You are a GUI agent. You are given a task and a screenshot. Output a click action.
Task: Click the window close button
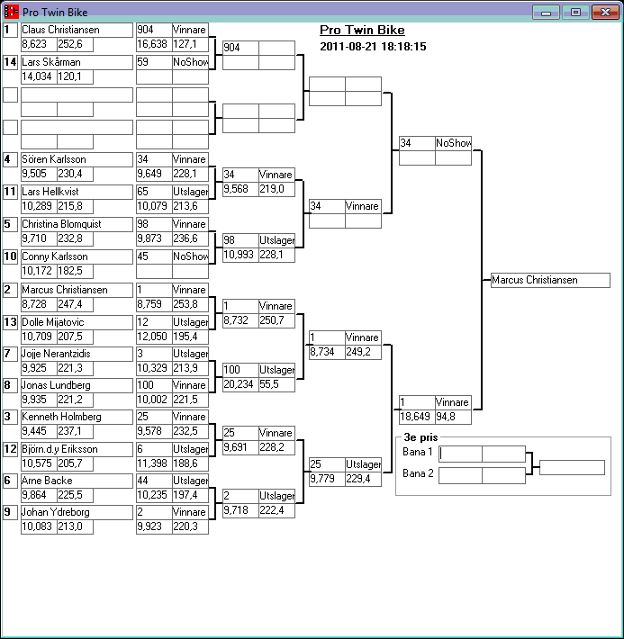pyautogui.click(x=602, y=12)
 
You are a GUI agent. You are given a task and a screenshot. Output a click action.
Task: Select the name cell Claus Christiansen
pyautogui.click(x=77, y=30)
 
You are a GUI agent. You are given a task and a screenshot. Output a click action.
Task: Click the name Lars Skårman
pyautogui.click(x=77, y=62)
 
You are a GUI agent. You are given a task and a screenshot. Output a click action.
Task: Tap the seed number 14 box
pyautogui.click(x=10, y=62)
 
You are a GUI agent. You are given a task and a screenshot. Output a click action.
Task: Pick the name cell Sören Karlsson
pyautogui.click(x=77, y=159)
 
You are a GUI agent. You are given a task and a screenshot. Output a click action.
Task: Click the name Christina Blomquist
pyautogui.click(x=77, y=224)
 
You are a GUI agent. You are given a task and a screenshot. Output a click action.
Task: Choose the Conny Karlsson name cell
pyautogui.click(x=77, y=256)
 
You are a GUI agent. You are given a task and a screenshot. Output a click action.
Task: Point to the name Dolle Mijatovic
pyautogui.click(x=77, y=322)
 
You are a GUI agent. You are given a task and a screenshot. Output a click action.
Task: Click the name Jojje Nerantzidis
pyautogui.click(x=77, y=354)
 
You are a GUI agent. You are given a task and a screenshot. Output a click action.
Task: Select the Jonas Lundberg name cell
pyautogui.click(x=77, y=385)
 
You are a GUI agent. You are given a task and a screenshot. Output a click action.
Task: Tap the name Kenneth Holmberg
pyautogui.click(x=77, y=417)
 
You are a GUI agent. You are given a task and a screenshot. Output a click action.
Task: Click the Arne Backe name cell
pyautogui.click(x=77, y=481)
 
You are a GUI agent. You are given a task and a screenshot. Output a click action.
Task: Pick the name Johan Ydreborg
pyautogui.click(x=77, y=512)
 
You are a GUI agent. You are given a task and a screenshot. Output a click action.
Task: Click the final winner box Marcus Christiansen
pyautogui.click(x=550, y=280)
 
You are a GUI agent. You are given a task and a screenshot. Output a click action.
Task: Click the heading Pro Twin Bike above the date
pyautogui.click(x=362, y=31)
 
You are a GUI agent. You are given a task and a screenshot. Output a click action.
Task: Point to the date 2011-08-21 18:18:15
pyautogui.click(x=373, y=47)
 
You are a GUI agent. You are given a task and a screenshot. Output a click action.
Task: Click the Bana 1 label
pyautogui.click(x=418, y=452)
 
